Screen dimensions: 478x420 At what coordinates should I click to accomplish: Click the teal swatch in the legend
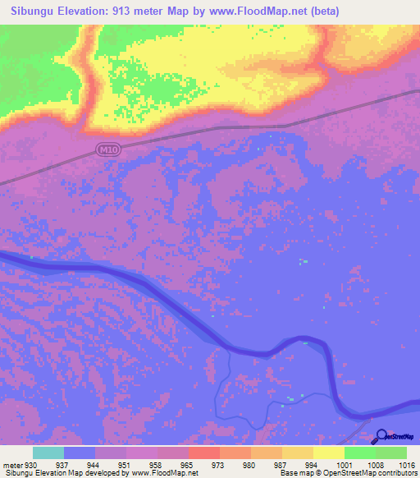pos(48,452)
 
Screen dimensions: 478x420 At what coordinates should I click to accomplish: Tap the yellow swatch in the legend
pos(329,452)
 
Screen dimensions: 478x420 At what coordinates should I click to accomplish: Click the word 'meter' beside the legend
pos(13,464)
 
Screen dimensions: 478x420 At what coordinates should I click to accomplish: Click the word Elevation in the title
pos(89,11)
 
